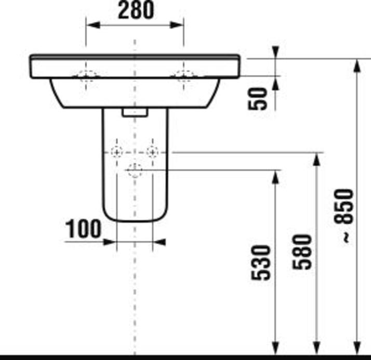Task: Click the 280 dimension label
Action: [136, 11]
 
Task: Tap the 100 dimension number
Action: [83, 228]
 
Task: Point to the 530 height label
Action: [262, 263]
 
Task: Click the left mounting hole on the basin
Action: [87, 76]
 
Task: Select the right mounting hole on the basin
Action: [183, 76]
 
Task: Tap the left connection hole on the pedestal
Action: [117, 152]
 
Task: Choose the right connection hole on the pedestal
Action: [152, 152]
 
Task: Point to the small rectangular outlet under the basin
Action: [135, 112]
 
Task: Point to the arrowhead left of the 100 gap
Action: [110, 242]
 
